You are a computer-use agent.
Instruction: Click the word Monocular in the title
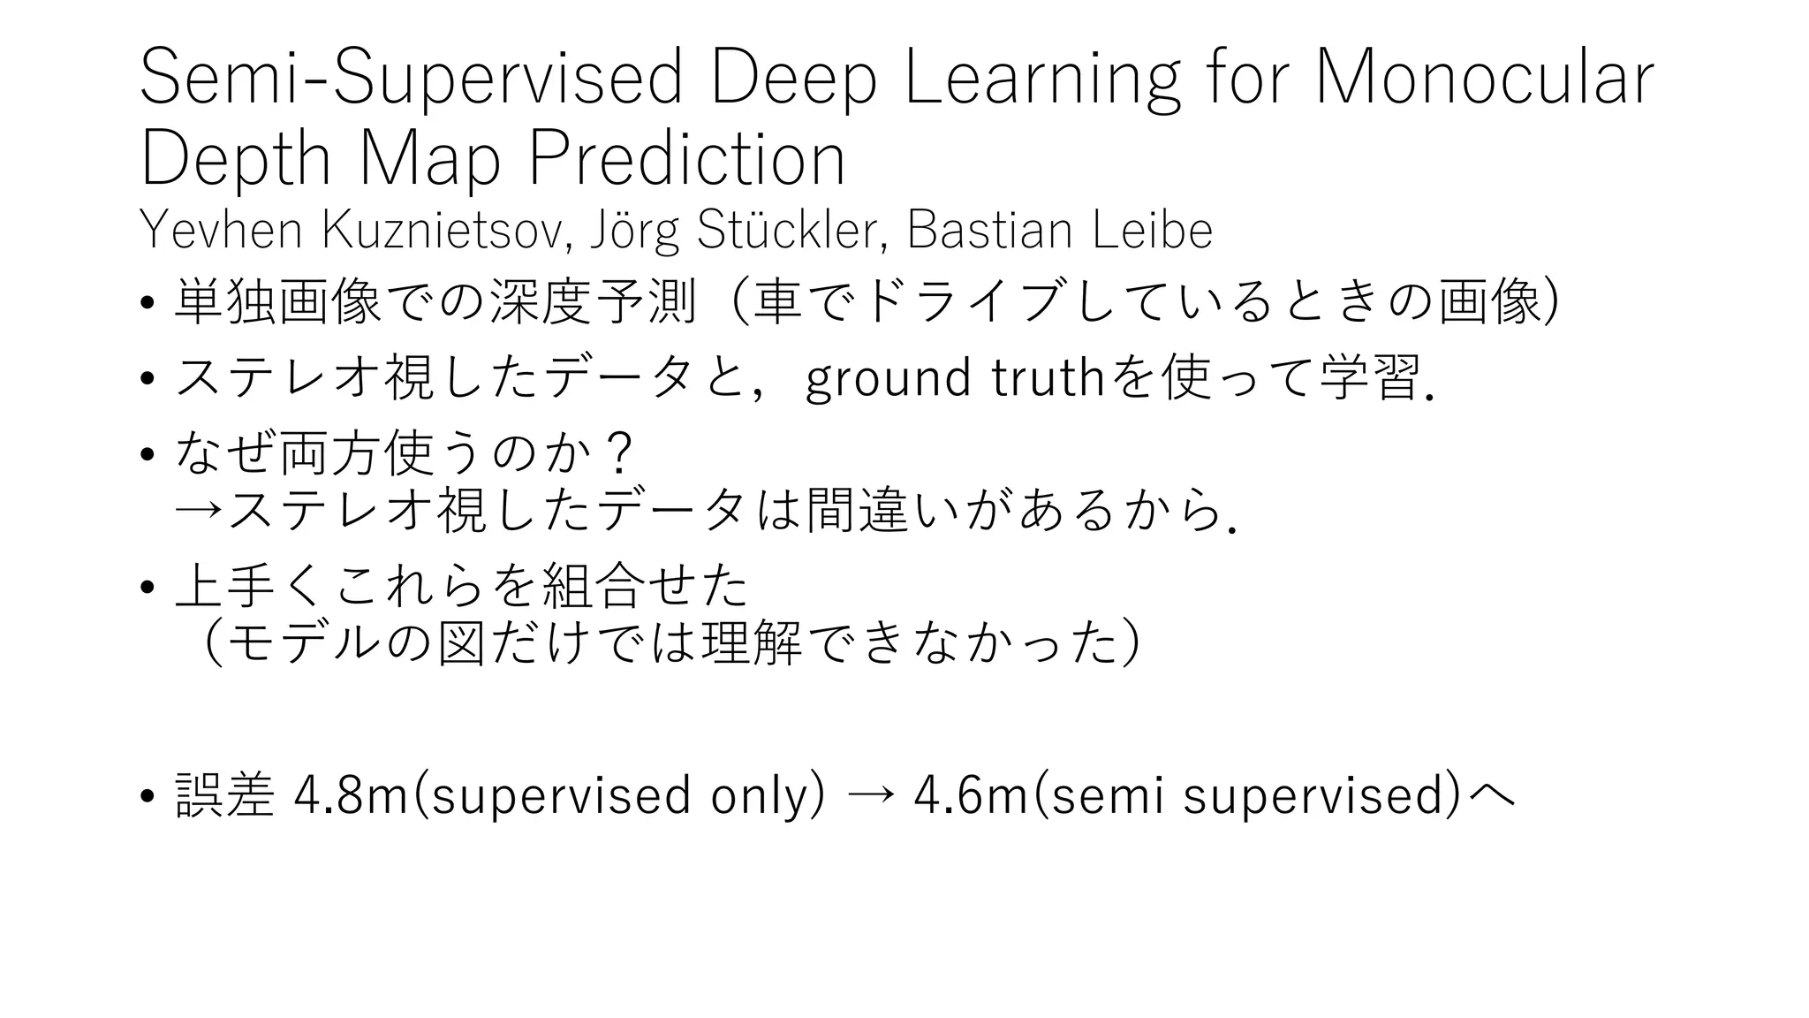(x=1484, y=78)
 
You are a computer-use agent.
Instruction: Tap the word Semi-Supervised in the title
(x=411, y=78)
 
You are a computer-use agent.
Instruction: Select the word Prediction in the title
(x=686, y=159)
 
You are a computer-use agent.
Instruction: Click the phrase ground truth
(x=955, y=378)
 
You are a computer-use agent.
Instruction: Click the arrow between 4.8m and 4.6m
(x=871, y=795)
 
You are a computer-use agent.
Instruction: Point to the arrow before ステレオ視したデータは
(x=199, y=512)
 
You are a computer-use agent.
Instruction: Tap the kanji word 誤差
(x=224, y=794)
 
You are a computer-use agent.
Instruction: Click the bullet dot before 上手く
(x=148, y=588)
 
